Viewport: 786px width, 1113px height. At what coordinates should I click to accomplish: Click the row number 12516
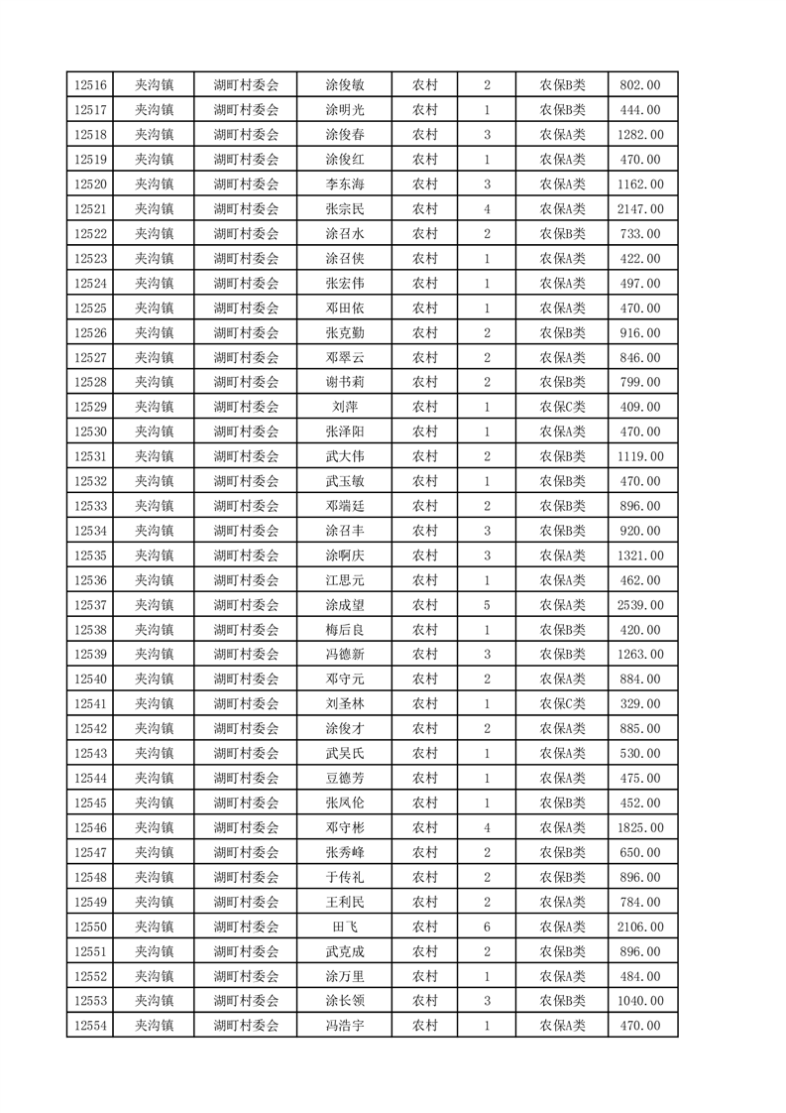(89, 85)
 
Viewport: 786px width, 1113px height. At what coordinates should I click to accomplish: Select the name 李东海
(344, 185)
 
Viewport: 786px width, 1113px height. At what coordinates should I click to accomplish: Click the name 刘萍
(344, 407)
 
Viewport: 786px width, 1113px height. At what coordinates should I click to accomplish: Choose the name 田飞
(344, 927)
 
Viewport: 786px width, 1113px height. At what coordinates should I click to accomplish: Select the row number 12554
(89, 1026)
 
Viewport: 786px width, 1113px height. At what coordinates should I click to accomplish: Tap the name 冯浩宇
(344, 1026)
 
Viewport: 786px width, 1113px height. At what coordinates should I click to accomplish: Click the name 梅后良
(344, 630)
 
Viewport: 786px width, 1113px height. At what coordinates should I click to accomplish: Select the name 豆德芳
(344, 779)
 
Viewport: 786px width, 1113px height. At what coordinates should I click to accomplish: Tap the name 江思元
(344, 580)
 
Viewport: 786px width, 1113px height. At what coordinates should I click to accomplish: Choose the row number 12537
(89, 605)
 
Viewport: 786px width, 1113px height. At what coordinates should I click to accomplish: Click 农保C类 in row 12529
(562, 407)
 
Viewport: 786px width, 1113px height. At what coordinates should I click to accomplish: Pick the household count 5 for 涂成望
(487, 605)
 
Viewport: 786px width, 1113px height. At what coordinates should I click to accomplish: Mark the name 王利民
(344, 902)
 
